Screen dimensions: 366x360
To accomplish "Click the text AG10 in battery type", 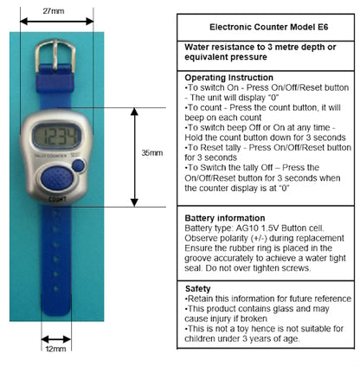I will [244, 229].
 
